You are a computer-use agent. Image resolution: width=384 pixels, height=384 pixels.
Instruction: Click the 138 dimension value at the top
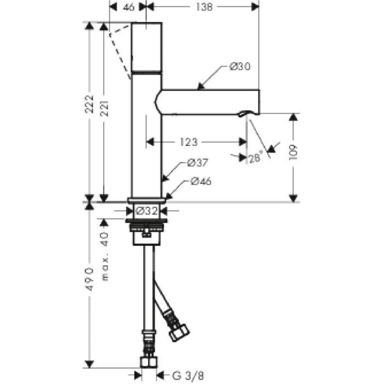click(x=204, y=7)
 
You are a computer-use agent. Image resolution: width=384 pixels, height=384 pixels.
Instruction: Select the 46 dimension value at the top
click(x=128, y=7)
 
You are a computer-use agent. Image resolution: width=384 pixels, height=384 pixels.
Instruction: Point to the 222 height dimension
click(x=89, y=104)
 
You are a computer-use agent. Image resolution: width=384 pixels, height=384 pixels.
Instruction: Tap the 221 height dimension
click(x=104, y=108)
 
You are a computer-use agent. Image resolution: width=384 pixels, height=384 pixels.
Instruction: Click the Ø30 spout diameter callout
click(x=240, y=66)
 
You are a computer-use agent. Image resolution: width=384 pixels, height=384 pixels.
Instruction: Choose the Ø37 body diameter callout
click(x=197, y=162)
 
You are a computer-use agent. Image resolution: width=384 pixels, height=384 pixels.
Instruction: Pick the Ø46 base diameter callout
click(x=201, y=181)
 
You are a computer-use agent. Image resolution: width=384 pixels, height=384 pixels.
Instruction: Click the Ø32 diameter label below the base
click(x=146, y=211)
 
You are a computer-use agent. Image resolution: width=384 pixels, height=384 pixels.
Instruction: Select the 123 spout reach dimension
click(x=189, y=142)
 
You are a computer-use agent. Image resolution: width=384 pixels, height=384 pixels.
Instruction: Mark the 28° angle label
click(x=255, y=158)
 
